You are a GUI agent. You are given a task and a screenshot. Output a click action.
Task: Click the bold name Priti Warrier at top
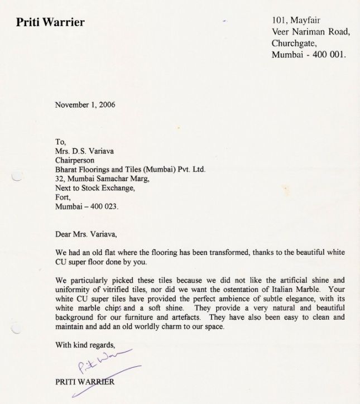pos(50,23)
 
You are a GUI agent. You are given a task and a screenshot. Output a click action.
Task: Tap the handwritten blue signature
pos(100,365)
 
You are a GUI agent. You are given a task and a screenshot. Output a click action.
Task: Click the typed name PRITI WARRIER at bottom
pos(85,382)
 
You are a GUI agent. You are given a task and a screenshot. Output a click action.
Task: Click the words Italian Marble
pos(287,290)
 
